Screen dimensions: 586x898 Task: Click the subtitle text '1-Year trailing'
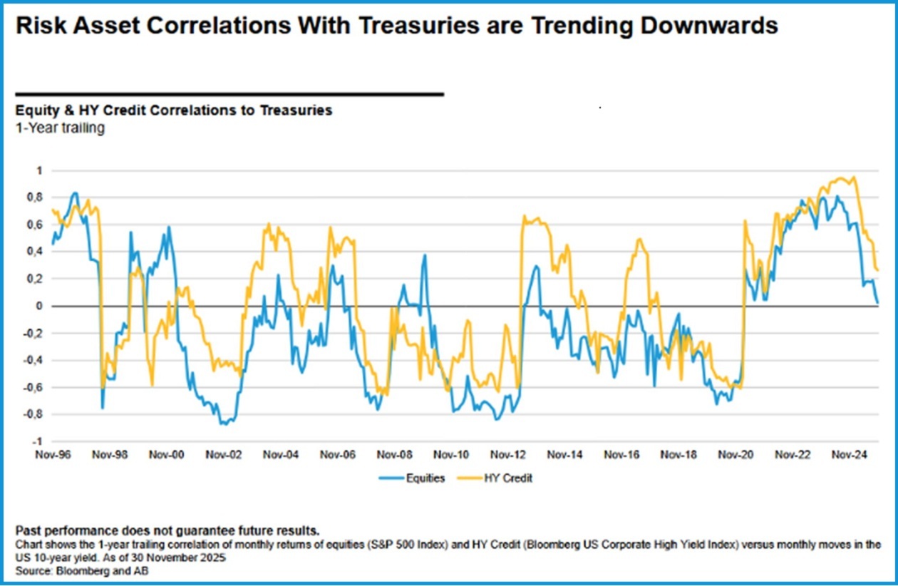point(59,128)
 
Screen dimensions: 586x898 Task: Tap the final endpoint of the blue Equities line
point(877,303)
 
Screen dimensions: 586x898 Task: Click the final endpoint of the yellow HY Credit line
point(878,270)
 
